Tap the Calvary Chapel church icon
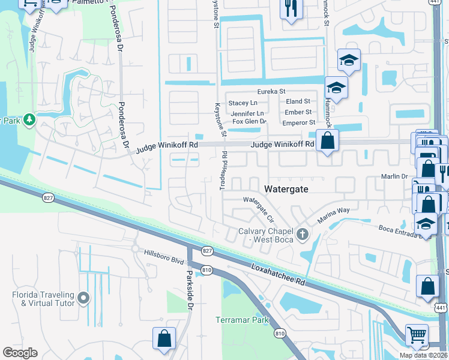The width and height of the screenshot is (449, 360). tap(303, 233)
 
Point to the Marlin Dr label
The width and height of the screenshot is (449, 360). tap(394, 176)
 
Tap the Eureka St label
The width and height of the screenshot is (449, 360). tap(271, 91)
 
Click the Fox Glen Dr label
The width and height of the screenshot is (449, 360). tap(249, 121)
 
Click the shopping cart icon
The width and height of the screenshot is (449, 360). tap(417, 335)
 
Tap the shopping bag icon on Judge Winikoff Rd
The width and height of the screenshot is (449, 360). tap(327, 142)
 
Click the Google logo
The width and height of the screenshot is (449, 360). tap(20, 353)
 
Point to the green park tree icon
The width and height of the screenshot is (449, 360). tap(29, 121)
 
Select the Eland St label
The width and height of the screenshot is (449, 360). tap(298, 102)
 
